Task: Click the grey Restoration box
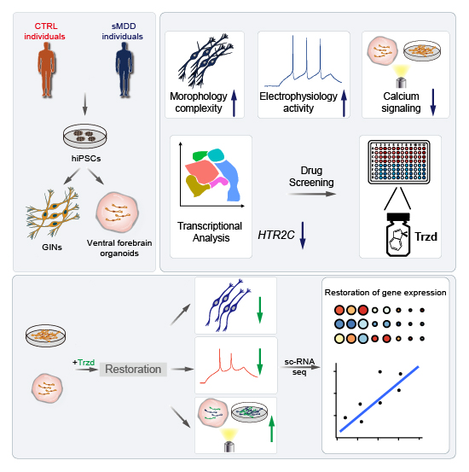[133, 369]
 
